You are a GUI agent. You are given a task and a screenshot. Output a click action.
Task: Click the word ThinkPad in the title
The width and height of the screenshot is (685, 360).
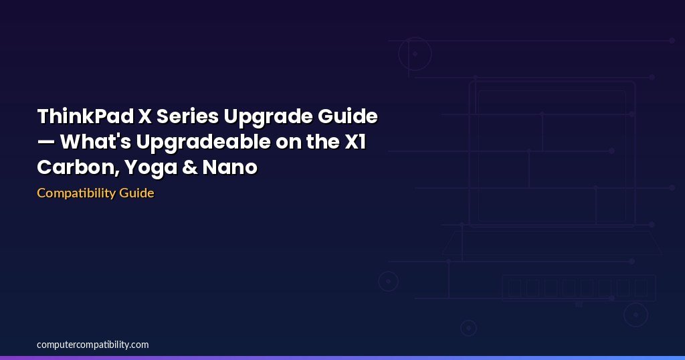click(85, 116)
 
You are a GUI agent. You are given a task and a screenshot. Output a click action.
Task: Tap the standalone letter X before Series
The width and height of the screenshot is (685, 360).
click(144, 116)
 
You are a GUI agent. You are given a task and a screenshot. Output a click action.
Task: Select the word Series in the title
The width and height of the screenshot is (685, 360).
click(187, 116)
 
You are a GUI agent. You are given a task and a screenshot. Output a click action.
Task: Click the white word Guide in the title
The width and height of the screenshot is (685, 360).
click(348, 116)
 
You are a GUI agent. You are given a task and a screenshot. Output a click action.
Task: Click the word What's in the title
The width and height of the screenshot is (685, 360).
click(95, 142)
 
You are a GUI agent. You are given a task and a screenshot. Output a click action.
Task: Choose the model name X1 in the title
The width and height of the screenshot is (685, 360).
click(355, 142)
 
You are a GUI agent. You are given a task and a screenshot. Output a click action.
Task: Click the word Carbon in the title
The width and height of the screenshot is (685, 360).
click(76, 167)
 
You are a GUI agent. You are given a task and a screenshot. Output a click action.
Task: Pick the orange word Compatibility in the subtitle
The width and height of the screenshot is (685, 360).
click(76, 193)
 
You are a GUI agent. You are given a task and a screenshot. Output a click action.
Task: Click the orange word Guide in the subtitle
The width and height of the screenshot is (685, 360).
click(136, 193)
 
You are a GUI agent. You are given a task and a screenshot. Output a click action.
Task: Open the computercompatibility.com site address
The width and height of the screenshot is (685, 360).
click(92, 345)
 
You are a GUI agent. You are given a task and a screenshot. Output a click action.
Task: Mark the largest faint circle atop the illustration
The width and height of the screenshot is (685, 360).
click(415, 37)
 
